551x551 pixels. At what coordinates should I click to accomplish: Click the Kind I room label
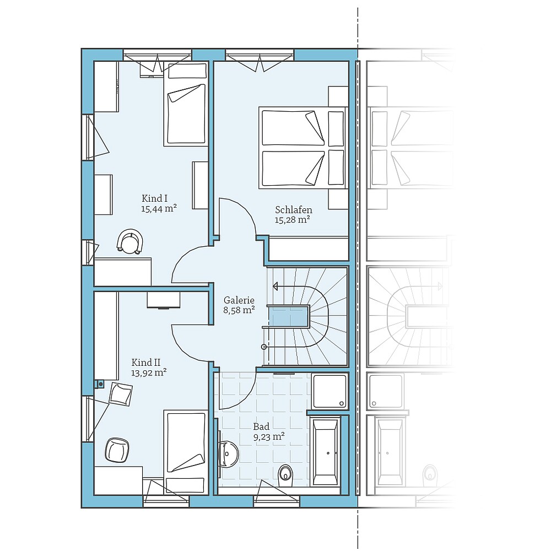coord(155,198)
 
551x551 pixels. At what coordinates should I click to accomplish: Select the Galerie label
coord(239,300)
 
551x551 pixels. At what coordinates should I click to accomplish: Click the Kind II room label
coord(145,363)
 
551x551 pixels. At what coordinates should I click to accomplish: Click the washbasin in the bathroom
coord(227,453)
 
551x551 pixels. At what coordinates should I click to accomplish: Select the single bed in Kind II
coord(186,449)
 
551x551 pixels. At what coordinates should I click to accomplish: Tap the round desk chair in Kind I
coord(130,241)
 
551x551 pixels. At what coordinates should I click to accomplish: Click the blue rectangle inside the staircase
coord(287,317)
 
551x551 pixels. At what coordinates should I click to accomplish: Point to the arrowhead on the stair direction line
coord(275,287)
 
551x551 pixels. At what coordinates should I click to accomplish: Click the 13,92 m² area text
coord(149,373)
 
